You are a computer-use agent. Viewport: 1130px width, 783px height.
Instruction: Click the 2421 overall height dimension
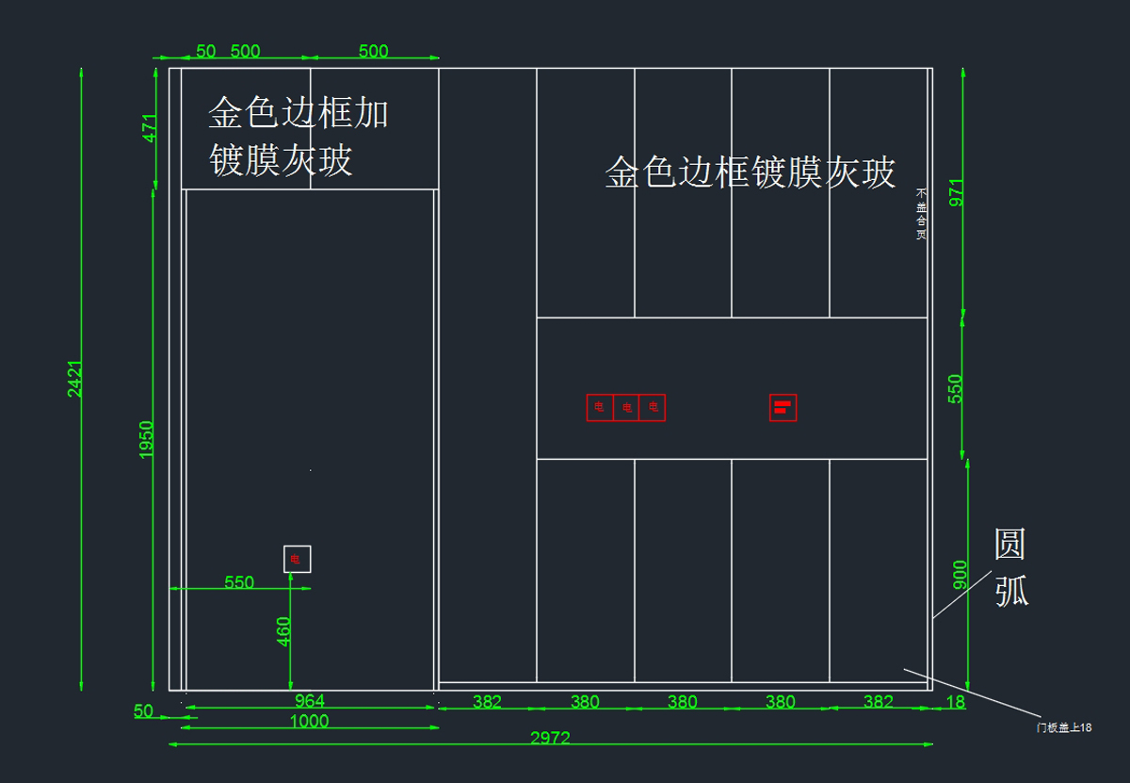pos(75,379)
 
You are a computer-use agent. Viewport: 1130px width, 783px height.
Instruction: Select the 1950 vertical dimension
pos(147,440)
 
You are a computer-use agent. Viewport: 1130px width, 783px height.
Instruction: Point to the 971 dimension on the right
pos(957,191)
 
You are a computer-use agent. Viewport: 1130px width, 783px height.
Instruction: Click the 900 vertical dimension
pos(960,575)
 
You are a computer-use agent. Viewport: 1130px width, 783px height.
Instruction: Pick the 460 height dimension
pos(284,631)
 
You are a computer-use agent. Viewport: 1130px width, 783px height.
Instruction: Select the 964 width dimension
pos(310,700)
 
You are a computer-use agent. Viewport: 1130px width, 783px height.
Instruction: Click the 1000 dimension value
pos(310,722)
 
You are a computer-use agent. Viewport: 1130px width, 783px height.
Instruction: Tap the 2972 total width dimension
pos(550,738)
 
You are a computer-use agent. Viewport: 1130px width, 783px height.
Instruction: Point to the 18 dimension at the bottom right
pos(955,701)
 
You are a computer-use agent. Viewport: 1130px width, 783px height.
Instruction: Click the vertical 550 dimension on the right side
pos(956,388)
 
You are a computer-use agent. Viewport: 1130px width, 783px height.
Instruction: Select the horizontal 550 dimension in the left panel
pos(239,582)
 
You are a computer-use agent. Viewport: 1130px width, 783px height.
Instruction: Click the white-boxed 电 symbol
pos(297,559)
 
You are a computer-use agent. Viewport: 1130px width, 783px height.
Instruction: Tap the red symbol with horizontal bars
pos(783,407)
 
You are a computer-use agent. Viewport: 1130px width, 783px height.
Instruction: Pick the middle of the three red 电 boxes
pos(626,407)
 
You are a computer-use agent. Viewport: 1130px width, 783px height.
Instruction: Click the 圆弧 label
pos(1011,568)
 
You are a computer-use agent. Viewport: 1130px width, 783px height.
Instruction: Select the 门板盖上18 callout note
pos(1063,727)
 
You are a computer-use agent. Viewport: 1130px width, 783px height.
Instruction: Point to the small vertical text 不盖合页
pos(921,213)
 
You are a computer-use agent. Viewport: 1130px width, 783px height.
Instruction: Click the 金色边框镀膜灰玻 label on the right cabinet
pos(750,172)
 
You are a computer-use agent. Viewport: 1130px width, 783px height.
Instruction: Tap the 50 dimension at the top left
pos(205,51)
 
